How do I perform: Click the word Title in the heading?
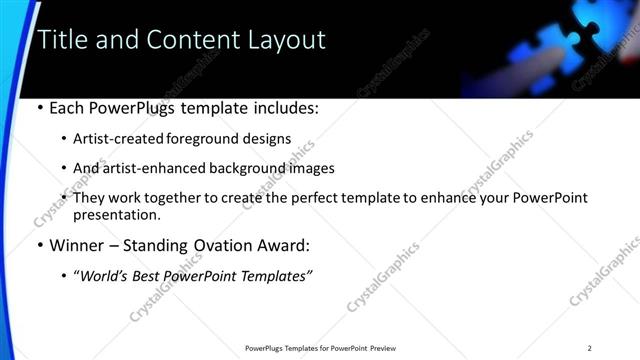coord(62,40)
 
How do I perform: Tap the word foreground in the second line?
coord(211,138)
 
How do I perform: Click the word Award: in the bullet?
coord(281,245)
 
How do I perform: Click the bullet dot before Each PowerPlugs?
coord(39,108)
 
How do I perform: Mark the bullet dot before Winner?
coord(39,245)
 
